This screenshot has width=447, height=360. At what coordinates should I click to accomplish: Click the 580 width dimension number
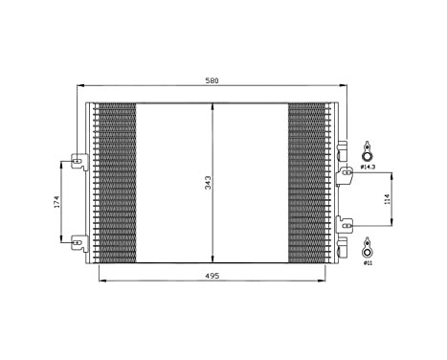212,79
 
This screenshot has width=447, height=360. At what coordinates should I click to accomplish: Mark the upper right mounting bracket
346,172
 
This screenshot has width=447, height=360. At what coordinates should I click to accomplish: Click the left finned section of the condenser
117,182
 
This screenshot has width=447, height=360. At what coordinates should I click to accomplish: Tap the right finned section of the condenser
308,182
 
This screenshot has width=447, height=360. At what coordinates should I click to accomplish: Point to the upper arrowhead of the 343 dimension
212,105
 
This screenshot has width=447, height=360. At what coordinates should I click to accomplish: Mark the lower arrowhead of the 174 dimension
64,237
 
